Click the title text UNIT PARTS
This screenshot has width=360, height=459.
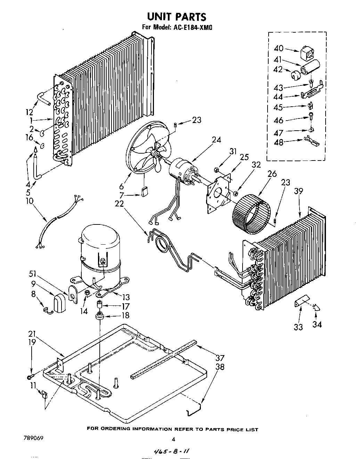click(176, 16)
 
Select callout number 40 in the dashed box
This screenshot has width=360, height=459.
click(279, 48)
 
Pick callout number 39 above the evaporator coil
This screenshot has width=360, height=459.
click(298, 191)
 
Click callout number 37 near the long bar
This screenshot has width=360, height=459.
click(220, 358)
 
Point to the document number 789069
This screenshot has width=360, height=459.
click(34, 438)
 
